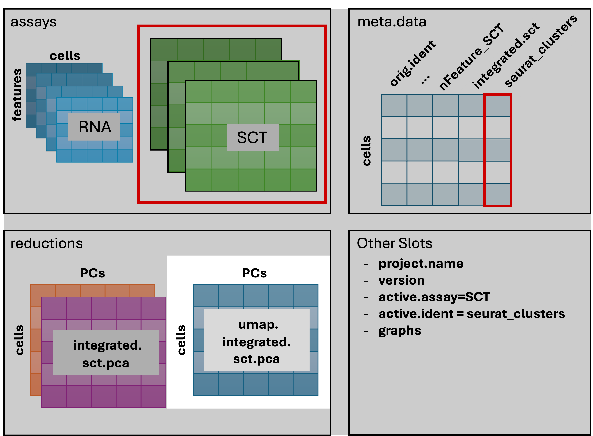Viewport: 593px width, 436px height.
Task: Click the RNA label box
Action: pos(94,127)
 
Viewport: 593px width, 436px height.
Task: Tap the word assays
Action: pos(33,22)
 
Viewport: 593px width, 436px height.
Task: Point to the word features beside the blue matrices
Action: pos(17,95)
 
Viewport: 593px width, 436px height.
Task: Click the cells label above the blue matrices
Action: pos(65,56)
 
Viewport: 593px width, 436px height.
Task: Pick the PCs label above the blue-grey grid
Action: pos(254,273)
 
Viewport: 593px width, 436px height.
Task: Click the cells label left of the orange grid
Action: pos(20,340)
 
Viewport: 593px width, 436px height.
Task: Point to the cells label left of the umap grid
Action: pos(181,340)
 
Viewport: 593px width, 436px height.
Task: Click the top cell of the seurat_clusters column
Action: pos(497,106)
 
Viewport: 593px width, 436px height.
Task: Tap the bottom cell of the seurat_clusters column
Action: pos(497,194)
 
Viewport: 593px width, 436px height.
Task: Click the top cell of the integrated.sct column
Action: pos(471,106)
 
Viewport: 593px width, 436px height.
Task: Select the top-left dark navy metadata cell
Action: pos(394,106)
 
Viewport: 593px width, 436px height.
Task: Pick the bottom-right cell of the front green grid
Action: pos(304,180)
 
